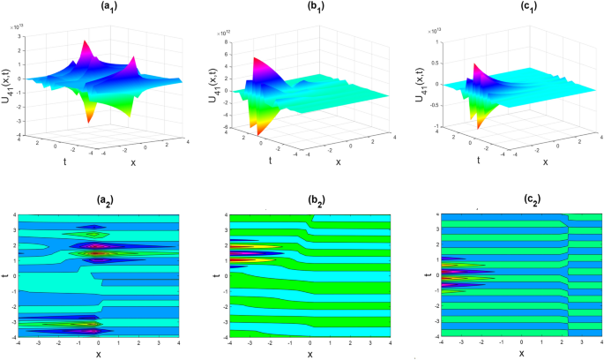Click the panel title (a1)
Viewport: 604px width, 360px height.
tap(99, 11)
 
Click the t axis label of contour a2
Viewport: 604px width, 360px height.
tap(6, 274)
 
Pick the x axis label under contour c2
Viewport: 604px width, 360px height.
tap(520, 355)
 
